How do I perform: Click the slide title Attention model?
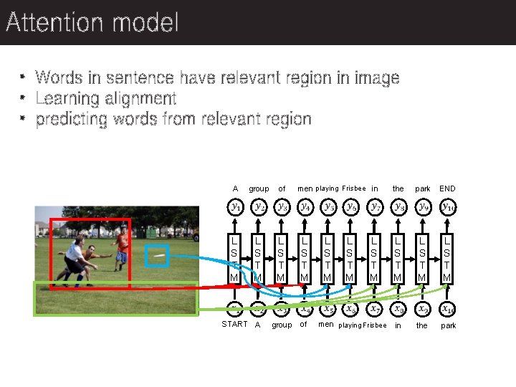pos(92,23)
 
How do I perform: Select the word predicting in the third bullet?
pos(72,119)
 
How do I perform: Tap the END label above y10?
pos(447,188)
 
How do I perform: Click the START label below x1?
pos(235,325)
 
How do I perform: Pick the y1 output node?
pos(235,207)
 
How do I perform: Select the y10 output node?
pos(448,207)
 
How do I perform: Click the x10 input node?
pos(448,310)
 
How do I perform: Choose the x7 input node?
pos(375,310)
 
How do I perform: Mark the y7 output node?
pos(375,207)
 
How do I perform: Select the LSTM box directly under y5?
pos(328,257)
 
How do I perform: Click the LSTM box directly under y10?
pos(447,257)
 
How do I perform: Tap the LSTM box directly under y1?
pos(234,257)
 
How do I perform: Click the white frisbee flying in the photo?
pos(158,254)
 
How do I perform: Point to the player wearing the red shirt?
pos(123,247)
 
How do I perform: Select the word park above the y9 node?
pos(423,188)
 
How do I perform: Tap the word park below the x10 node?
pos(449,325)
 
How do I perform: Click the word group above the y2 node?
pos(259,188)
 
